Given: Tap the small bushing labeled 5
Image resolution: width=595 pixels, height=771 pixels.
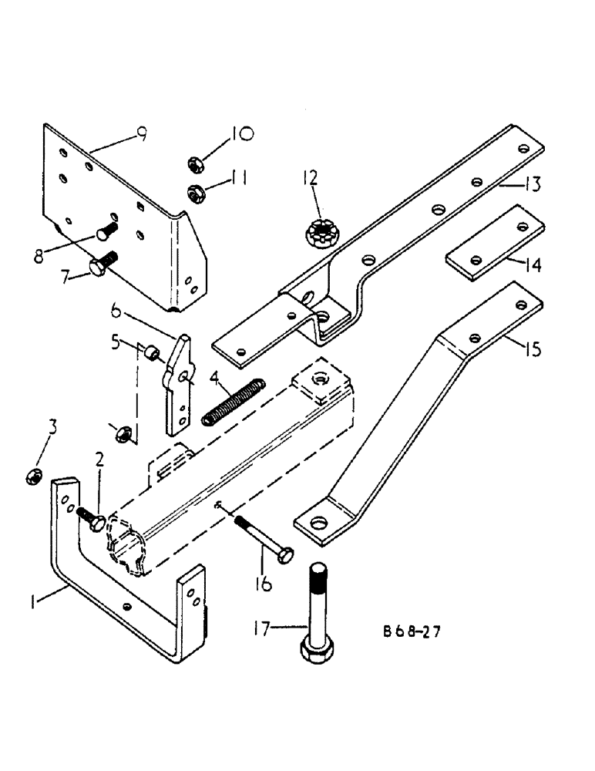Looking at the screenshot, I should click(x=151, y=353).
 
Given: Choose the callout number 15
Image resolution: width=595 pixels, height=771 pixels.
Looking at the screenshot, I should click(x=531, y=349).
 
